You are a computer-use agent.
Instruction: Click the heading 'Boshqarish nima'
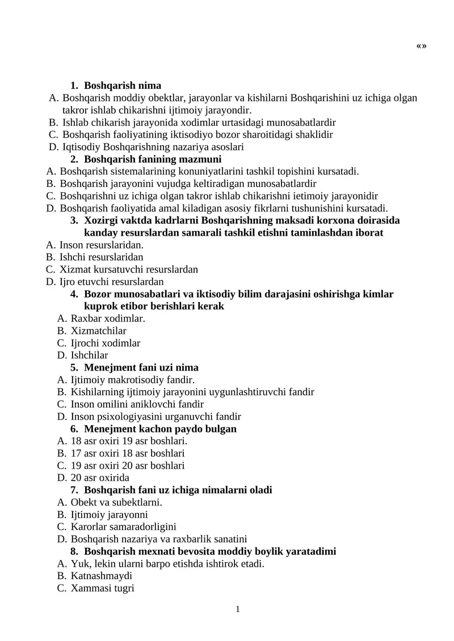click(x=123, y=86)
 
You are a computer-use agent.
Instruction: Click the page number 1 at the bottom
click(x=238, y=609)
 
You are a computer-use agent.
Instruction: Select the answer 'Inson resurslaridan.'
click(x=102, y=245)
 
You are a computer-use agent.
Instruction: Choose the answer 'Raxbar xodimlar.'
click(x=108, y=319)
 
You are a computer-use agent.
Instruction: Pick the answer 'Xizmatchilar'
click(x=99, y=330)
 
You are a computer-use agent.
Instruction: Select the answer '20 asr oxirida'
click(x=100, y=478)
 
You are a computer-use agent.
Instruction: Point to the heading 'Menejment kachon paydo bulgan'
click(x=160, y=429)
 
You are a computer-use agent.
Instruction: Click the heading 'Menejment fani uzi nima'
click(x=141, y=368)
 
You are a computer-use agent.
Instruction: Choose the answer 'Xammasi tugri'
click(x=102, y=588)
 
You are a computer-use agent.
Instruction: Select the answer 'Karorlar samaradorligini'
click(x=124, y=527)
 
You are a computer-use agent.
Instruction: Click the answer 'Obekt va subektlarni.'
click(x=116, y=502)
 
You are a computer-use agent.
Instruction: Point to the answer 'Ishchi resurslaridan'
click(x=102, y=257)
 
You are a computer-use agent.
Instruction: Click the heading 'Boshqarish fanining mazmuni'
click(x=153, y=159)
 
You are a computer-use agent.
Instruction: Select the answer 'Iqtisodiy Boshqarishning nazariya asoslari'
click(x=153, y=147)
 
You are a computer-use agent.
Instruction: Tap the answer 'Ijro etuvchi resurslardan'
click(x=111, y=282)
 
